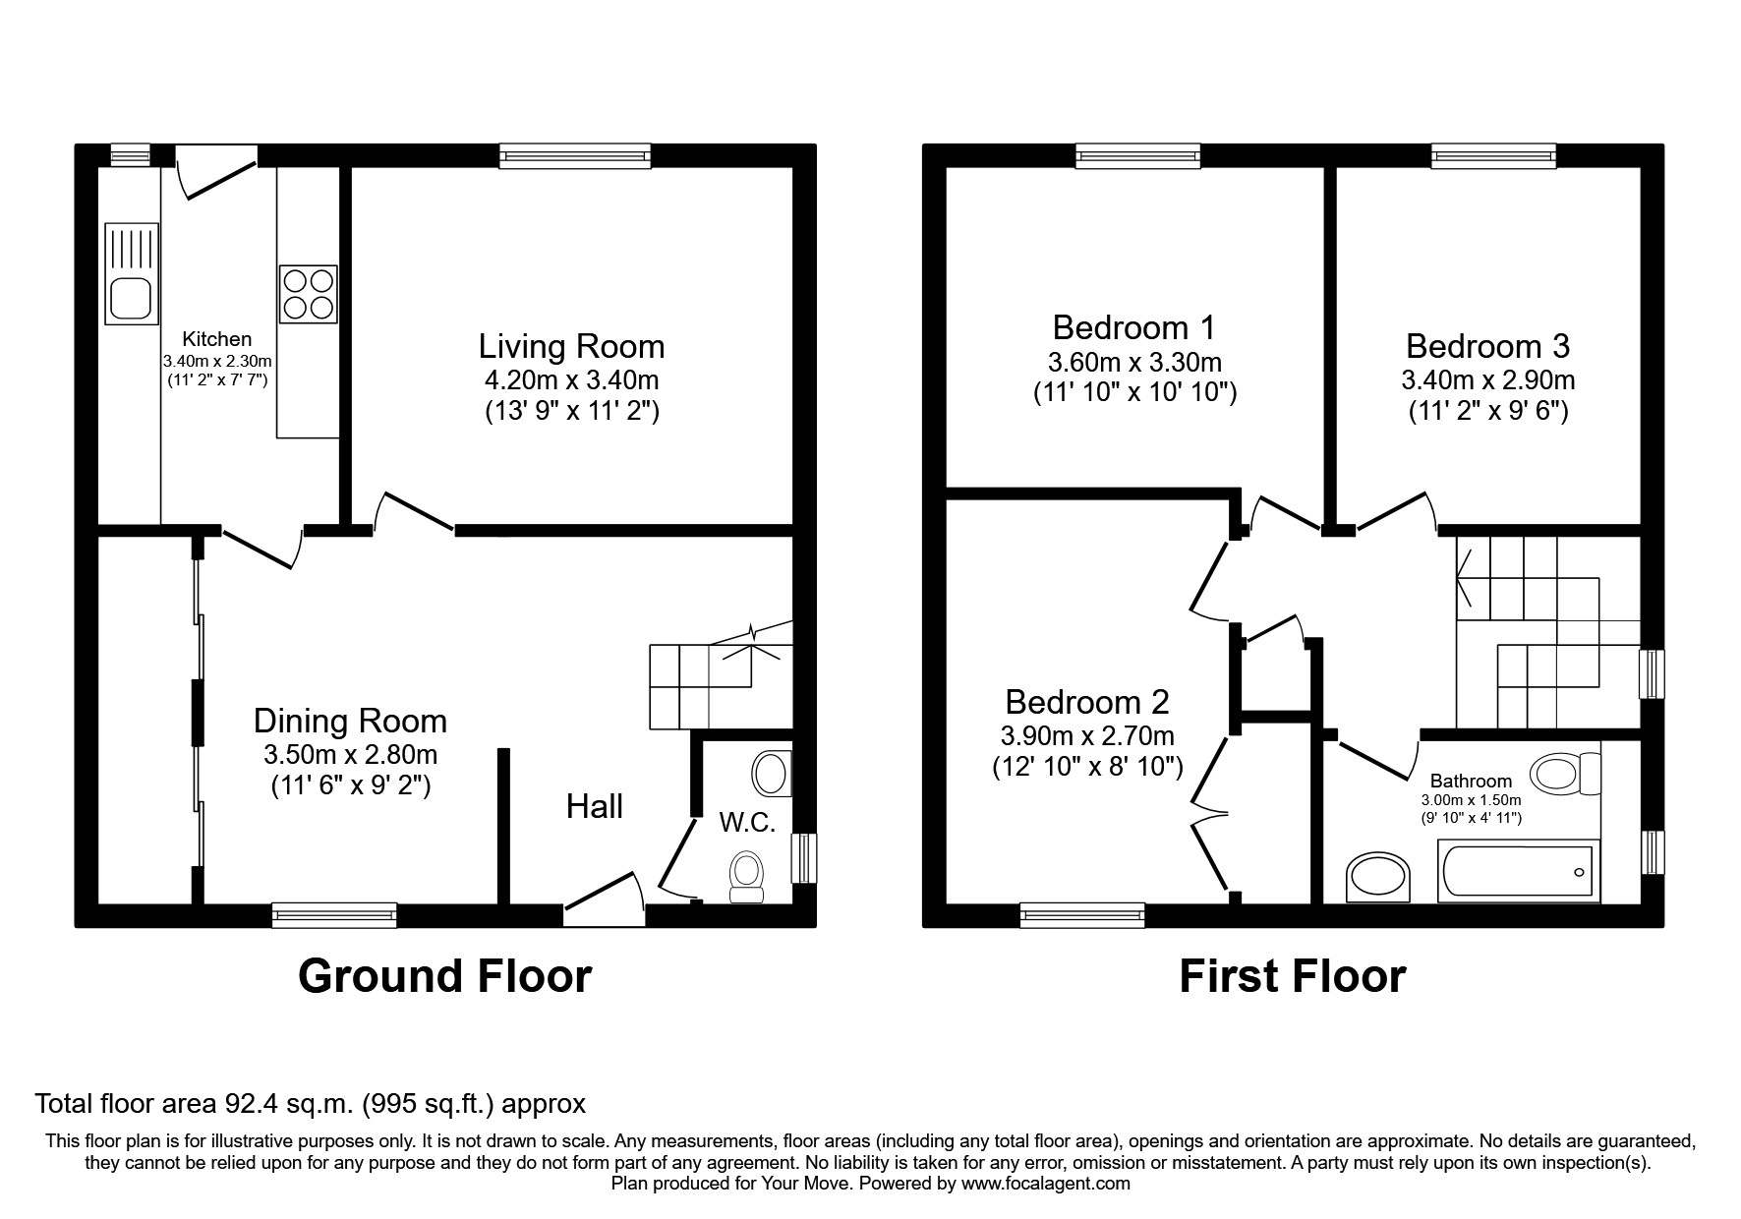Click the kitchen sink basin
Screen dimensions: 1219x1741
point(129,298)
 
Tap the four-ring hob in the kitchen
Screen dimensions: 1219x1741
point(308,293)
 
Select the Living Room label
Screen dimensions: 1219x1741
point(571,347)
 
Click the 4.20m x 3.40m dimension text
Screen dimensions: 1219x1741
point(571,379)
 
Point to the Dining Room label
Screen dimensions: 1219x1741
point(350,722)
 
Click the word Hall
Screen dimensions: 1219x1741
point(594,807)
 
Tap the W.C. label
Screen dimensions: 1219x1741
point(748,822)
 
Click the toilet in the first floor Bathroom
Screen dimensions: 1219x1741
point(1565,775)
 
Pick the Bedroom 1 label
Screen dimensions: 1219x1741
point(1133,327)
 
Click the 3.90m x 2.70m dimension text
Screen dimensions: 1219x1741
point(1087,735)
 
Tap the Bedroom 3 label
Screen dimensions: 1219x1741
point(1487,347)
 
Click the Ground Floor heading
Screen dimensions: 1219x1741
point(444,976)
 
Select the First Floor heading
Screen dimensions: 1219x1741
point(1292,976)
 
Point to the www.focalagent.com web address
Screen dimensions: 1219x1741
point(1046,1184)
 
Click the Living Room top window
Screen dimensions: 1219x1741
point(575,155)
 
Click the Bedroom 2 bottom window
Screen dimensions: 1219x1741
point(1082,915)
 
